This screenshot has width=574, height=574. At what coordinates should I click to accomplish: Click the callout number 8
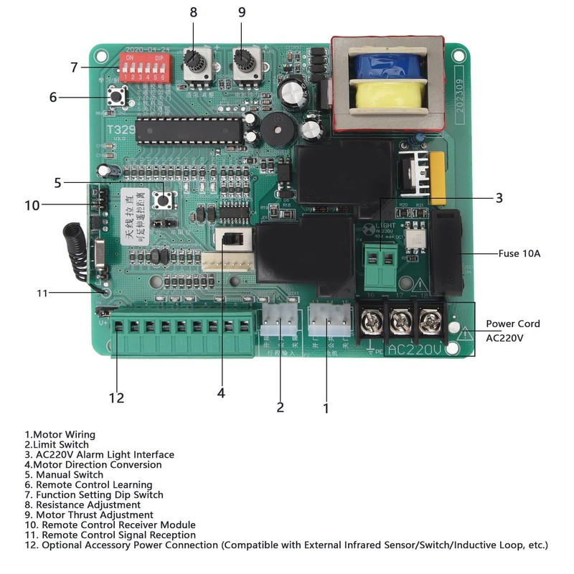coord(192,11)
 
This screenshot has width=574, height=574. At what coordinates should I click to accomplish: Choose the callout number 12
coord(116,397)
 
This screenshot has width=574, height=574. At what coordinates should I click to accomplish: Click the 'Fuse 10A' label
coord(519,253)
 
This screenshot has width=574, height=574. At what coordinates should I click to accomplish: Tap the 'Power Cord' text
coord(513,324)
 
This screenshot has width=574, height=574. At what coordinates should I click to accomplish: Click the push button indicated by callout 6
coord(114,98)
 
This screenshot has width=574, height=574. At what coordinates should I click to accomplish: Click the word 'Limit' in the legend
coord(35,444)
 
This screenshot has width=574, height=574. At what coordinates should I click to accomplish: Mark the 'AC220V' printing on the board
coord(414,349)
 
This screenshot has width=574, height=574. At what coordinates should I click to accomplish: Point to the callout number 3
coord(499,197)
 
